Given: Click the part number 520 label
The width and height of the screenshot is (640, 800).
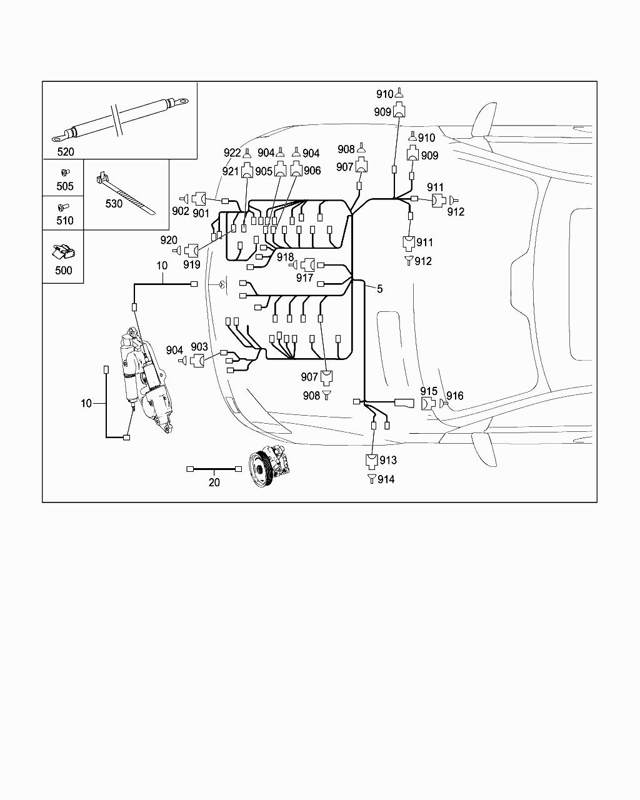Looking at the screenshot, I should click(x=66, y=152).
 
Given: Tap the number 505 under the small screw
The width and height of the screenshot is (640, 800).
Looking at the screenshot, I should click(x=65, y=186).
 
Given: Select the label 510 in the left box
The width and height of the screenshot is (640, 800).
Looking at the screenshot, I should click(x=65, y=221).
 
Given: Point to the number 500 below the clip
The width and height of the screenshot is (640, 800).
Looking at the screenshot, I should click(x=64, y=271).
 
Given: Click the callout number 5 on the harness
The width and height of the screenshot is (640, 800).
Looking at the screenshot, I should click(x=379, y=289).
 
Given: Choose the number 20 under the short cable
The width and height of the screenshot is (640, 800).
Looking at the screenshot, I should click(x=214, y=482).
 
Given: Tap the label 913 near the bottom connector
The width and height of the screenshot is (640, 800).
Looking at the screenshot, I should click(x=388, y=461).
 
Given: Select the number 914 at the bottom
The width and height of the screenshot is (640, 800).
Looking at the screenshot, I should click(x=386, y=479).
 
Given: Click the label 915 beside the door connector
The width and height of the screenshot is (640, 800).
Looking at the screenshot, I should click(x=429, y=392).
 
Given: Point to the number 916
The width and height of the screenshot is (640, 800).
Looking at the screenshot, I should click(x=455, y=396).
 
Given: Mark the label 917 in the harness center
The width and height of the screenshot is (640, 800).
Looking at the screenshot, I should click(x=304, y=278).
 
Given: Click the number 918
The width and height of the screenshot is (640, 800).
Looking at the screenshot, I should click(x=285, y=257).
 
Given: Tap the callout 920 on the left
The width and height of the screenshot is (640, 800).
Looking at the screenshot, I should click(x=169, y=240).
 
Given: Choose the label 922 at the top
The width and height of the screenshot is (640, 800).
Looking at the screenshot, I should click(x=232, y=153).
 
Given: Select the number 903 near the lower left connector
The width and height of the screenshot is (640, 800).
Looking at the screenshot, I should click(x=199, y=347).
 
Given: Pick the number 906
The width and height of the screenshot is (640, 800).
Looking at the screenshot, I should click(x=312, y=171).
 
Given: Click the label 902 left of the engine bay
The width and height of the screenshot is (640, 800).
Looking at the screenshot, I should click(x=181, y=211).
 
